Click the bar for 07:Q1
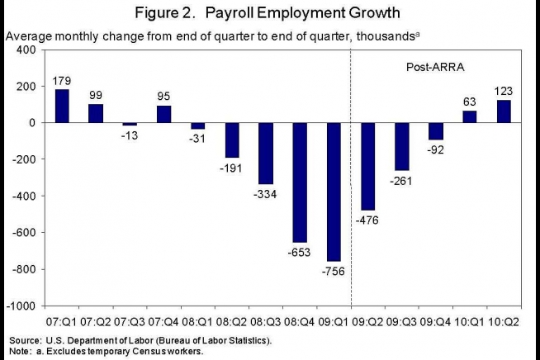62,106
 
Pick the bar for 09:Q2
368,166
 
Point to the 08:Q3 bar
267,153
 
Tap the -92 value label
434,149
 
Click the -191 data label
230,168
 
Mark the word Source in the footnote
25,340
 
